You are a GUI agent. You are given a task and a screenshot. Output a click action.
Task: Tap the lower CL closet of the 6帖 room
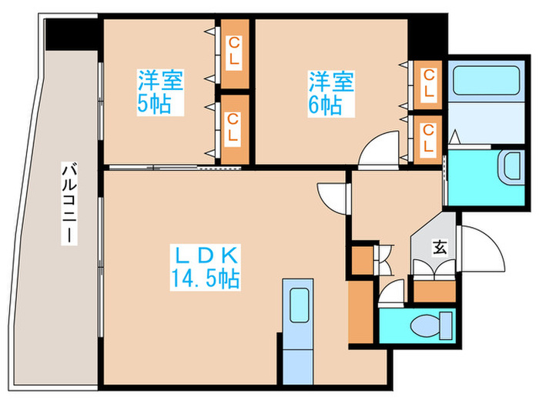point(428,139)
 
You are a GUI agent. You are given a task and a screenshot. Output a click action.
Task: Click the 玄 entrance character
point(439,247)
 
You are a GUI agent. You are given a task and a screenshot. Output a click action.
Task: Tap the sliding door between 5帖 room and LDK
point(177,166)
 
